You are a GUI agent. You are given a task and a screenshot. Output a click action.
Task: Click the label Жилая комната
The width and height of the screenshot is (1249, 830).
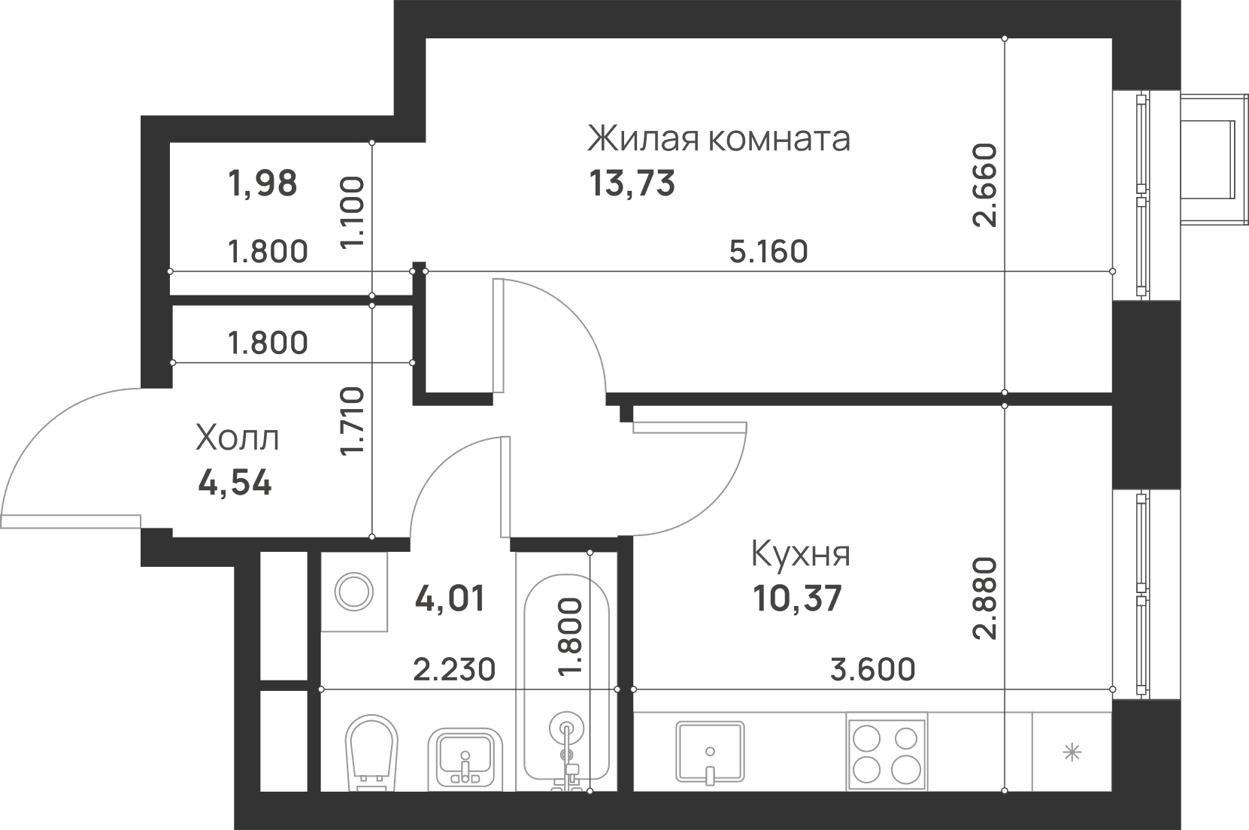pyautogui.click(x=718, y=138)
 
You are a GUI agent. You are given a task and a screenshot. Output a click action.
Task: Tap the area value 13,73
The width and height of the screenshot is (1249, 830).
pyautogui.click(x=632, y=183)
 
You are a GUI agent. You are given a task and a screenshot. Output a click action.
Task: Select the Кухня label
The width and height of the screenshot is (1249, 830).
pyautogui.click(x=800, y=554)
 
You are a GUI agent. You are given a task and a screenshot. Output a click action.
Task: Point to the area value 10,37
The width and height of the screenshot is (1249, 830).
pyautogui.click(x=797, y=598)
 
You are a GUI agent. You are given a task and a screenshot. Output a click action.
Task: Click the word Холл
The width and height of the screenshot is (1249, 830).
pyautogui.click(x=238, y=438)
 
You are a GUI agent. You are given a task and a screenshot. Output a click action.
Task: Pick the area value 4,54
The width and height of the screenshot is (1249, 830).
pyautogui.click(x=235, y=483)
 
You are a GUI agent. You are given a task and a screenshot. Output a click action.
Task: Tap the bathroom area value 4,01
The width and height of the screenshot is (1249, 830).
pyautogui.click(x=450, y=598)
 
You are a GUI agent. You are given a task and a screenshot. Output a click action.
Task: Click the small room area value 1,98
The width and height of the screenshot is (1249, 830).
pyautogui.click(x=262, y=184)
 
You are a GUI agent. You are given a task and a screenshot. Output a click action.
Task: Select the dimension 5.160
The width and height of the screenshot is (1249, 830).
pyautogui.click(x=768, y=251)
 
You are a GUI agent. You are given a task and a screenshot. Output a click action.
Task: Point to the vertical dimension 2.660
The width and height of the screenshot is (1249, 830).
pyautogui.click(x=984, y=185)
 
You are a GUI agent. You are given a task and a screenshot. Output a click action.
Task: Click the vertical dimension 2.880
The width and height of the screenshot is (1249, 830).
pyautogui.click(x=984, y=598)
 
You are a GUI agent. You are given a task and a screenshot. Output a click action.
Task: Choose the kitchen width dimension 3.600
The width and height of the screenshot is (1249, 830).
pyautogui.click(x=872, y=669)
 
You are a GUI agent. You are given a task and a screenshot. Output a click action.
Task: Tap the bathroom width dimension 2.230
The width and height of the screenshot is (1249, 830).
pyautogui.click(x=454, y=669)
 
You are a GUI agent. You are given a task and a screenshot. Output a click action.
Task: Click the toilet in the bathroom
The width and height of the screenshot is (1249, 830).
pyautogui.click(x=372, y=753)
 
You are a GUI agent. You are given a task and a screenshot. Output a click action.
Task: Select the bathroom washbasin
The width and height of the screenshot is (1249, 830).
pyautogui.click(x=465, y=759)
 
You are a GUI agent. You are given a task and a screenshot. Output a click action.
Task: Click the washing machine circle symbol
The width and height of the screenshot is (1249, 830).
pyautogui.click(x=353, y=592)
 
